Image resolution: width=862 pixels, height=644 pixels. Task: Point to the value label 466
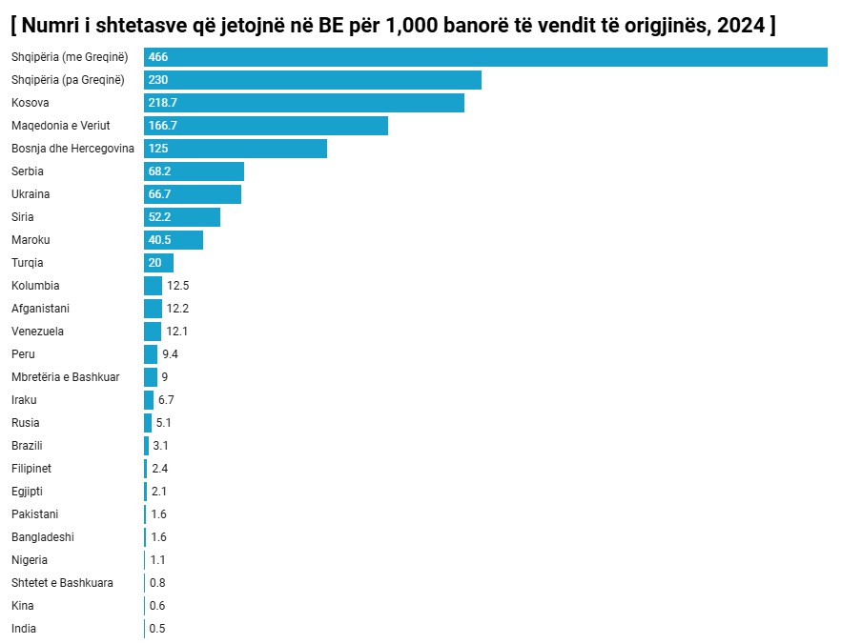point(158,57)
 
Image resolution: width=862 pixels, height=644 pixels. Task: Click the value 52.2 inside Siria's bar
point(159,217)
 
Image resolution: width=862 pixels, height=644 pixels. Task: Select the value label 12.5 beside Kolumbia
point(178,286)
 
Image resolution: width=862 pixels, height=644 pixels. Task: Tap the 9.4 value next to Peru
point(170,354)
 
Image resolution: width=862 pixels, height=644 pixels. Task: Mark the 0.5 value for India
point(157,629)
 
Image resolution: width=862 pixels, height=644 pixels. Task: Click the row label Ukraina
point(31,194)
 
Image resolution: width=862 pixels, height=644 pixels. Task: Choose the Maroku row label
point(31,240)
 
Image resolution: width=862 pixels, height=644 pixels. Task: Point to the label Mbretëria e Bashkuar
point(66,377)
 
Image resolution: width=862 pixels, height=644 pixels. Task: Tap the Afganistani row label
point(40,309)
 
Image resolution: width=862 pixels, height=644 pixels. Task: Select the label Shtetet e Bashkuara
point(62,583)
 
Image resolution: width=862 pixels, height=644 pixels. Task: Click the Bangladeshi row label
point(43,537)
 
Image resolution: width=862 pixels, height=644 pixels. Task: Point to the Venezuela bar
point(153,332)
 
